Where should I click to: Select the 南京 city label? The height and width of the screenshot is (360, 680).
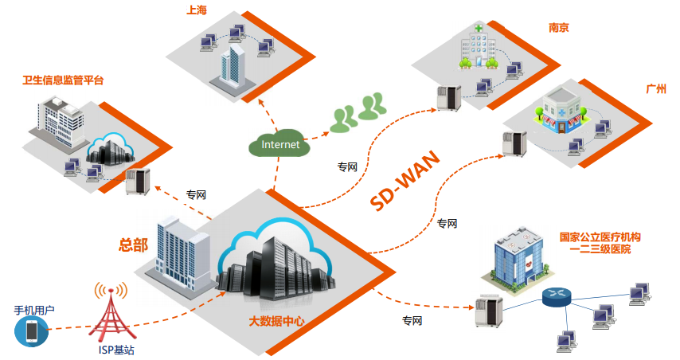[558, 27]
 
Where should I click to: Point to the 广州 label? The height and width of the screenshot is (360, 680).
[656, 88]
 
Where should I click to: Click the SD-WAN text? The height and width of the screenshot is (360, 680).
[404, 189]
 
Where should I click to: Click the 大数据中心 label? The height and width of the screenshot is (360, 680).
[276, 322]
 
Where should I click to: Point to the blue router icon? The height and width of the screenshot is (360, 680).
[557, 297]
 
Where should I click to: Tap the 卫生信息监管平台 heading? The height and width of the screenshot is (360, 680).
[63, 80]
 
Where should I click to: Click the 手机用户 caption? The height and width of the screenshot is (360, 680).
[34, 308]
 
